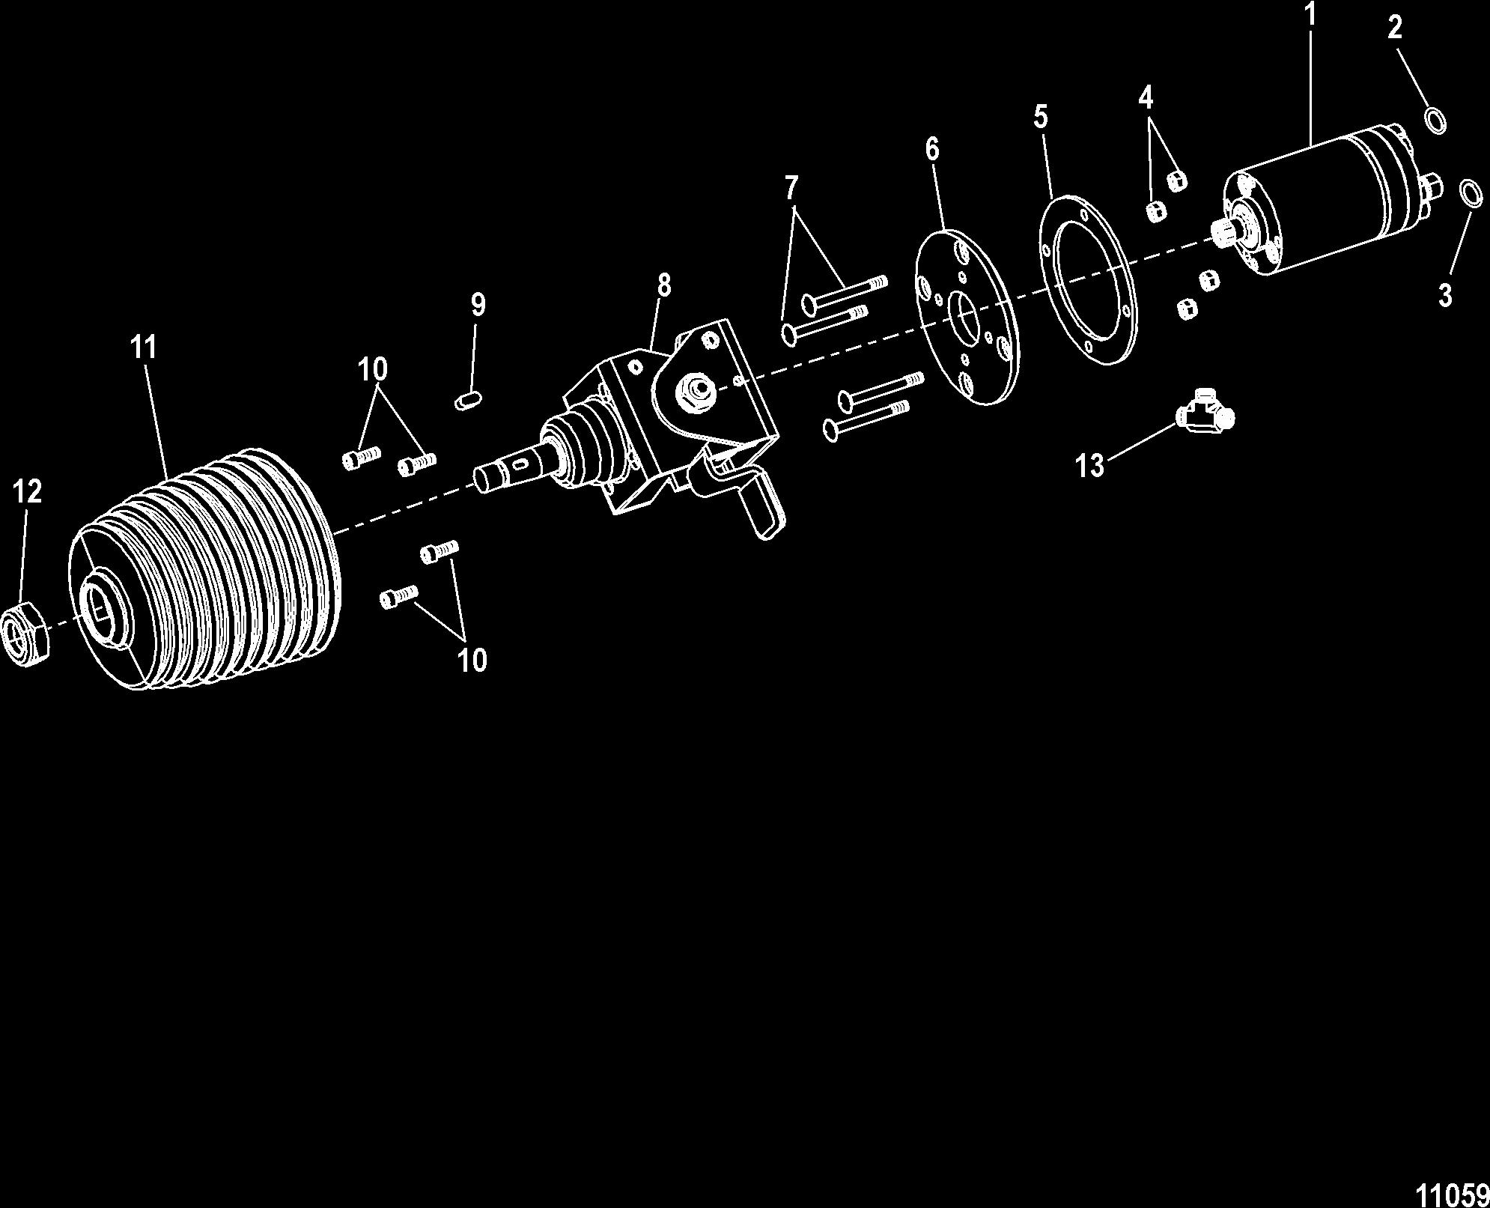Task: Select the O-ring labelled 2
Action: [1435, 120]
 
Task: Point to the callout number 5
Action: [1040, 117]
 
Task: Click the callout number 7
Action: [791, 187]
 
